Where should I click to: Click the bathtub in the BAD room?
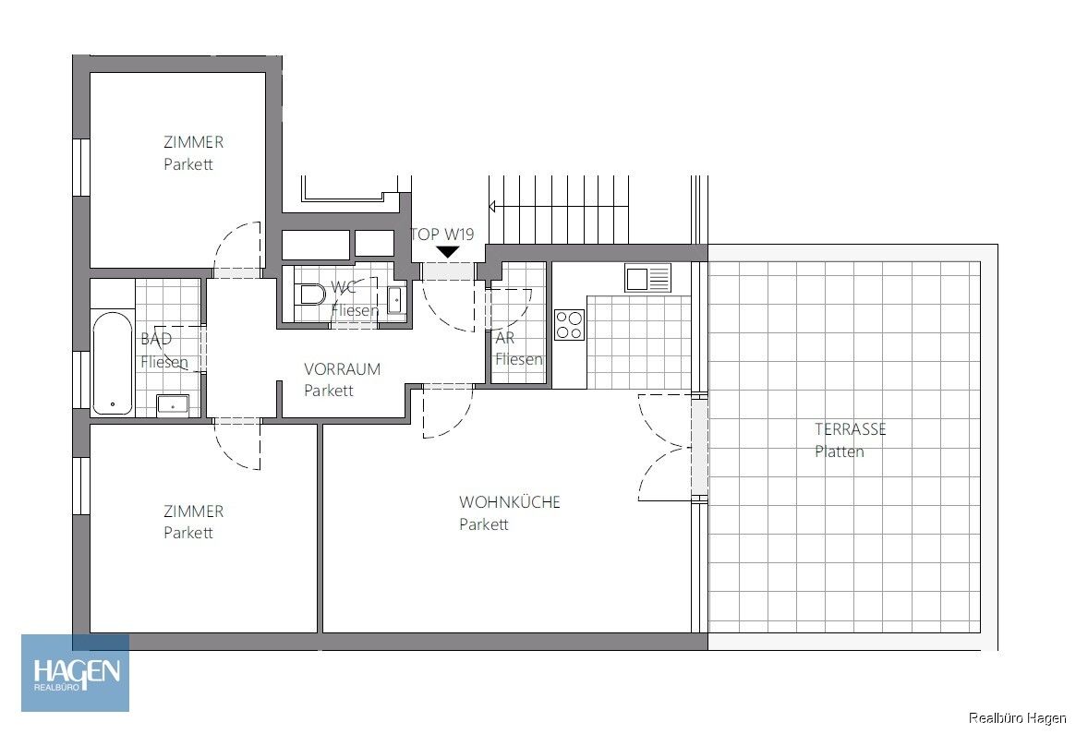click(x=113, y=363)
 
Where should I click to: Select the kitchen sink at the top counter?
click(x=647, y=277)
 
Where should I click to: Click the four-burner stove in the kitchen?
click(x=569, y=325)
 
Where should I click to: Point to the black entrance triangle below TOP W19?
click(x=448, y=251)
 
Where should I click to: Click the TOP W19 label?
click(x=442, y=235)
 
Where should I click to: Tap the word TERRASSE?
click(x=850, y=429)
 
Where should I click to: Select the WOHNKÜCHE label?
click(x=510, y=502)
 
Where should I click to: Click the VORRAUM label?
click(x=342, y=368)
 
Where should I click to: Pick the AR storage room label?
click(x=505, y=338)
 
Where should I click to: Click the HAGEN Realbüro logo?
click(x=76, y=672)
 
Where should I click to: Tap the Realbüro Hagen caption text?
click(x=1017, y=717)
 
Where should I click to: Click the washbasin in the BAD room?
click(x=173, y=403)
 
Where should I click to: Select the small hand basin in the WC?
click(x=395, y=299)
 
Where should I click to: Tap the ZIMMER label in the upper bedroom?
click(x=193, y=142)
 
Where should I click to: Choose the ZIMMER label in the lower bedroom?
click(x=193, y=511)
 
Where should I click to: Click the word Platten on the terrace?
click(x=840, y=451)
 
